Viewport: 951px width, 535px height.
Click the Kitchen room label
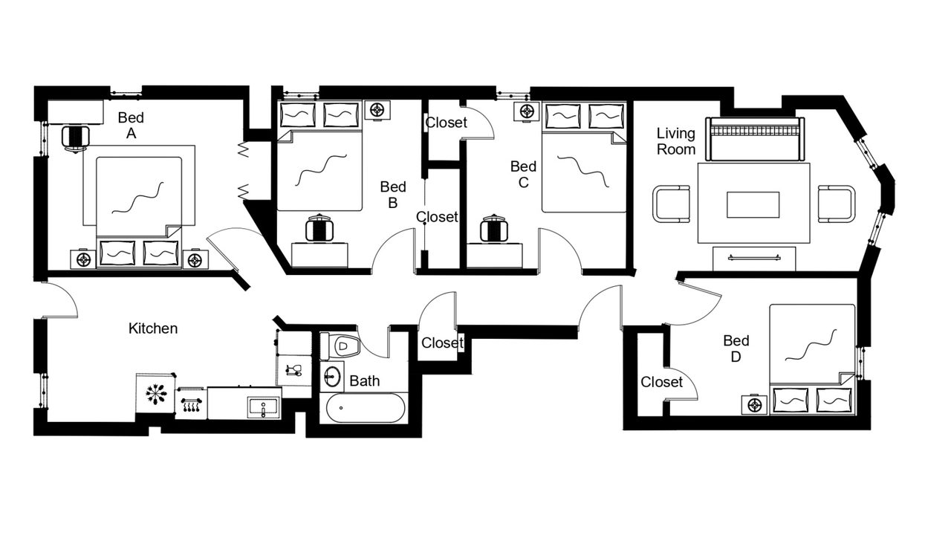153,328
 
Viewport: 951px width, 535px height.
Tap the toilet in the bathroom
340,346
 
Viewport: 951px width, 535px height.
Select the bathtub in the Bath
365,408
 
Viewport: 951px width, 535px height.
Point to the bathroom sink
332,376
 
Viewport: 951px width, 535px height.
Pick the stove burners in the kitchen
191,403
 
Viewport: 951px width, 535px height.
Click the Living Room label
676,141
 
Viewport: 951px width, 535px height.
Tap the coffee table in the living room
753,204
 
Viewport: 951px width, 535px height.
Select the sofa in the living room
755,139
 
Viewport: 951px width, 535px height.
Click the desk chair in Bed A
76,137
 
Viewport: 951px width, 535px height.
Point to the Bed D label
736,348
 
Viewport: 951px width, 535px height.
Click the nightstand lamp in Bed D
754,405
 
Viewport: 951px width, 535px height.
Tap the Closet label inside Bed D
661,382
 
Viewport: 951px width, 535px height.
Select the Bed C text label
523,174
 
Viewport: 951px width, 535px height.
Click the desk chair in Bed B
319,228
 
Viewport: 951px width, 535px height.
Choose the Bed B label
393,195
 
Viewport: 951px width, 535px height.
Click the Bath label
364,381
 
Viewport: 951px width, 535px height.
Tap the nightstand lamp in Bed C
527,111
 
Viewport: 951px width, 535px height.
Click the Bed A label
131,126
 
